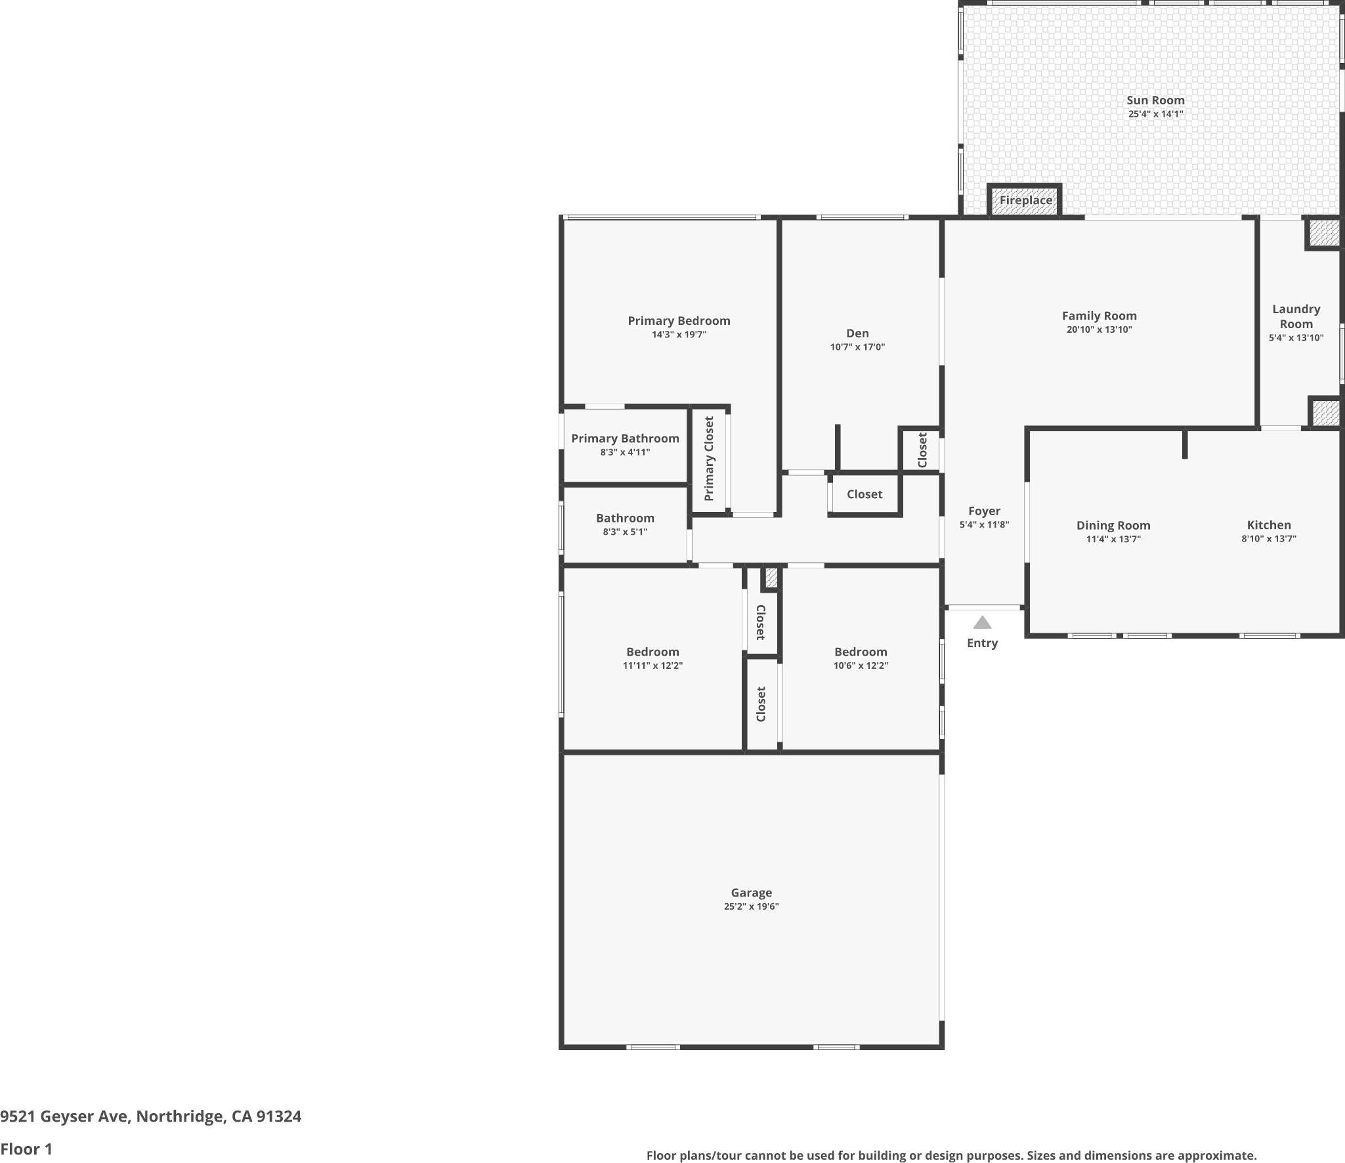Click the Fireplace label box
click(x=1025, y=201)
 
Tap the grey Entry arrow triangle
click(x=982, y=622)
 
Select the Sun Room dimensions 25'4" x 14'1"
click(x=1155, y=114)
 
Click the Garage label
click(x=751, y=893)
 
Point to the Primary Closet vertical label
click(x=709, y=458)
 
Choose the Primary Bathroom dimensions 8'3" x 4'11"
click(x=625, y=452)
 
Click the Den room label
click(x=857, y=333)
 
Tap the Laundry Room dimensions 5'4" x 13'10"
click(x=1296, y=338)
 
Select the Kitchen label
click(x=1268, y=525)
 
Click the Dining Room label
click(x=1113, y=526)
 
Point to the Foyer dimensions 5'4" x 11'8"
click(x=984, y=524)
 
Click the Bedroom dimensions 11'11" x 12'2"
click(x=652, y=666)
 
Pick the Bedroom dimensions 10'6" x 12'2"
click(x=861, y=666)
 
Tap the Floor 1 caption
click(x=26, y=1149)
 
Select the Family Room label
click(x=1099, y=316)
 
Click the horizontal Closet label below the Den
click(x=864, y=494)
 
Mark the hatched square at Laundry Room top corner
click(x=1323, y=233)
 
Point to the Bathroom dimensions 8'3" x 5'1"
click(x=625, y=532)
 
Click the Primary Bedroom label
click(x=679, y=321)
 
